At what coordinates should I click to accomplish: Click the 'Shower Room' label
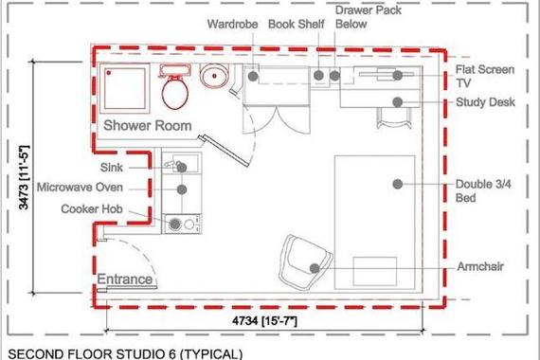click(x=147, y=125)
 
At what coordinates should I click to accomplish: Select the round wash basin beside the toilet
click(x=213, y=78)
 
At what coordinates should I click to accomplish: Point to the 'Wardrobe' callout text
click(x=234, y=26)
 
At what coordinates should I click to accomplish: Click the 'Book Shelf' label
click(x=297, y=26)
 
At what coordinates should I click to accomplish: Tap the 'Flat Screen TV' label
click(x=484, y=76)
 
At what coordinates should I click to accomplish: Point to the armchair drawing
click(x=305, y=257)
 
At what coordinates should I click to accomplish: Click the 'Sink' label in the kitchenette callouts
click(x=138, y=167)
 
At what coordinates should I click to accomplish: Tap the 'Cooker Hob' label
click(x=105, y=208)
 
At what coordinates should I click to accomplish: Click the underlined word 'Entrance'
click(x=125, y=279)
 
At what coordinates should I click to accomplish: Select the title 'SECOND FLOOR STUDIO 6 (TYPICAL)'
click(x=124, y=353)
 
